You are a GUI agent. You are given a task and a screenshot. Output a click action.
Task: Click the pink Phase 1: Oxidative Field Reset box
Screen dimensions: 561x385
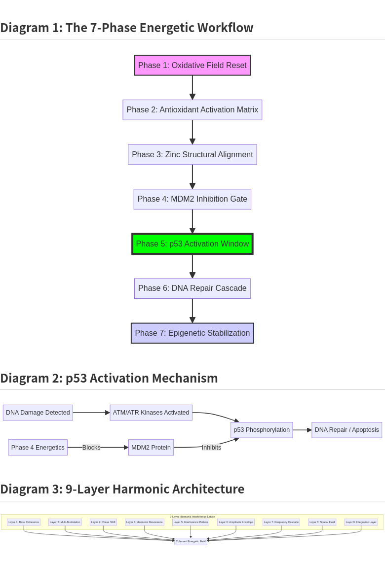[192, 65]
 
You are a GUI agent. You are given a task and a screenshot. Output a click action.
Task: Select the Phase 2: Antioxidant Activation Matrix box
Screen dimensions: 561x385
[192, 110]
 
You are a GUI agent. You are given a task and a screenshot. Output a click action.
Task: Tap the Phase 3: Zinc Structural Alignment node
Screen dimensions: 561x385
[192, 154]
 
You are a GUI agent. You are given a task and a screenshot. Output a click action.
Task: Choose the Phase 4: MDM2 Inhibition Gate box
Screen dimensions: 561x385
[192, 199]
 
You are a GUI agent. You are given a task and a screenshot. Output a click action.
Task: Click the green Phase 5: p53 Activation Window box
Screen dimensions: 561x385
[192, 244]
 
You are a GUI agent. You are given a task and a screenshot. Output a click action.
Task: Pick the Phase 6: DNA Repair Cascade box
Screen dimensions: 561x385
[192, 288]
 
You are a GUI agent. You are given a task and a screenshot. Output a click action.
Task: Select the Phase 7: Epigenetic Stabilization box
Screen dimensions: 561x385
[192, 333]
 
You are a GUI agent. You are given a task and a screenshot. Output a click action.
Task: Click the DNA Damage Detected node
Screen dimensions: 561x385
[38, 413]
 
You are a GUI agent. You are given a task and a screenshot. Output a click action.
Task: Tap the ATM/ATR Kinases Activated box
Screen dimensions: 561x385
[151, 413]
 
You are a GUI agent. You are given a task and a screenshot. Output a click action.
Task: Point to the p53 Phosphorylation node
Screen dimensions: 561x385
[262, 430]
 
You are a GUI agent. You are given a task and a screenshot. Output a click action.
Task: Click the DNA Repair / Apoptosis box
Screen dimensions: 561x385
[346, 430]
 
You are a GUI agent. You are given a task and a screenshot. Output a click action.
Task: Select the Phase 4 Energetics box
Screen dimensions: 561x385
[38, 448]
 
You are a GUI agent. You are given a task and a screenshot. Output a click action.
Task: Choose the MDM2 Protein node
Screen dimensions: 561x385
[151, 448]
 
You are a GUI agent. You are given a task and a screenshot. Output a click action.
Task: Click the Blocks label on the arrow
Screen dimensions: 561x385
[91, 448]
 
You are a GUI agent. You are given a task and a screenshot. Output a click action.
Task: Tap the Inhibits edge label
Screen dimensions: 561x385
[211, 448]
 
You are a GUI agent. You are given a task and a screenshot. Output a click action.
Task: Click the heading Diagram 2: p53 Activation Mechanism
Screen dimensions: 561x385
[109, 378]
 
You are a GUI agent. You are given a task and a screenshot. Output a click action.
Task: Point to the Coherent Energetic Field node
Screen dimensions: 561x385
[191, 541]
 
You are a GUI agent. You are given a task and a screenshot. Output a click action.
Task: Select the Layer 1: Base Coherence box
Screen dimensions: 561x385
[24, 522]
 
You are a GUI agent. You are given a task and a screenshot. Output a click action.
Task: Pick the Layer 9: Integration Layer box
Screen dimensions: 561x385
[361, 522]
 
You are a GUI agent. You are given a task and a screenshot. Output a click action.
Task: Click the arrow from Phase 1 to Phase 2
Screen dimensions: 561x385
[192, 87]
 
